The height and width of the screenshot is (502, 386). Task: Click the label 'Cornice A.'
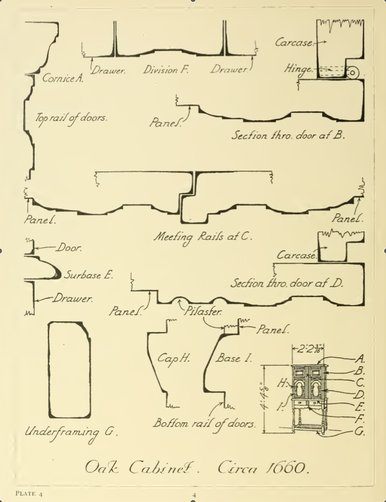pyautogui.click(x=62, y=79)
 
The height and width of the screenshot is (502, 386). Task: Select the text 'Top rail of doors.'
pyautogui.click(x=71, y=117)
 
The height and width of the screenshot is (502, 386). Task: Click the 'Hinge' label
pyautogui.click(x=298, y=69)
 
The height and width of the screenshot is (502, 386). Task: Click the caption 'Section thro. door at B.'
pyautogui.click(x=288, y=136)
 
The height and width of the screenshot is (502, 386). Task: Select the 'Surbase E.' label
pyautogui.click(x=88, y=275)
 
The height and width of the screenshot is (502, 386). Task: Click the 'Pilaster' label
pyautogui.click(x=203, y=311)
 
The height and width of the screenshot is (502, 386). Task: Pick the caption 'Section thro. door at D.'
pyautogui.click(x=287, y=283)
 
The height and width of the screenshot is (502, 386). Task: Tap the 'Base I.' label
pyautogui.click(x=234, y=358)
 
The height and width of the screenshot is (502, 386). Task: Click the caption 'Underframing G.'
pyautogui.click(x=71, y=432)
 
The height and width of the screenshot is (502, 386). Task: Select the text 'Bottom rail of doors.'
pyautogui.click(x=204, y=423)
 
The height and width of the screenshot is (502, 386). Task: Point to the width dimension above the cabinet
pyautogui.click(x=307, y=349)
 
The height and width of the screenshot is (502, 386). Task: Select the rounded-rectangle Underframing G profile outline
pyautogui.click(x=69, y=370)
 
